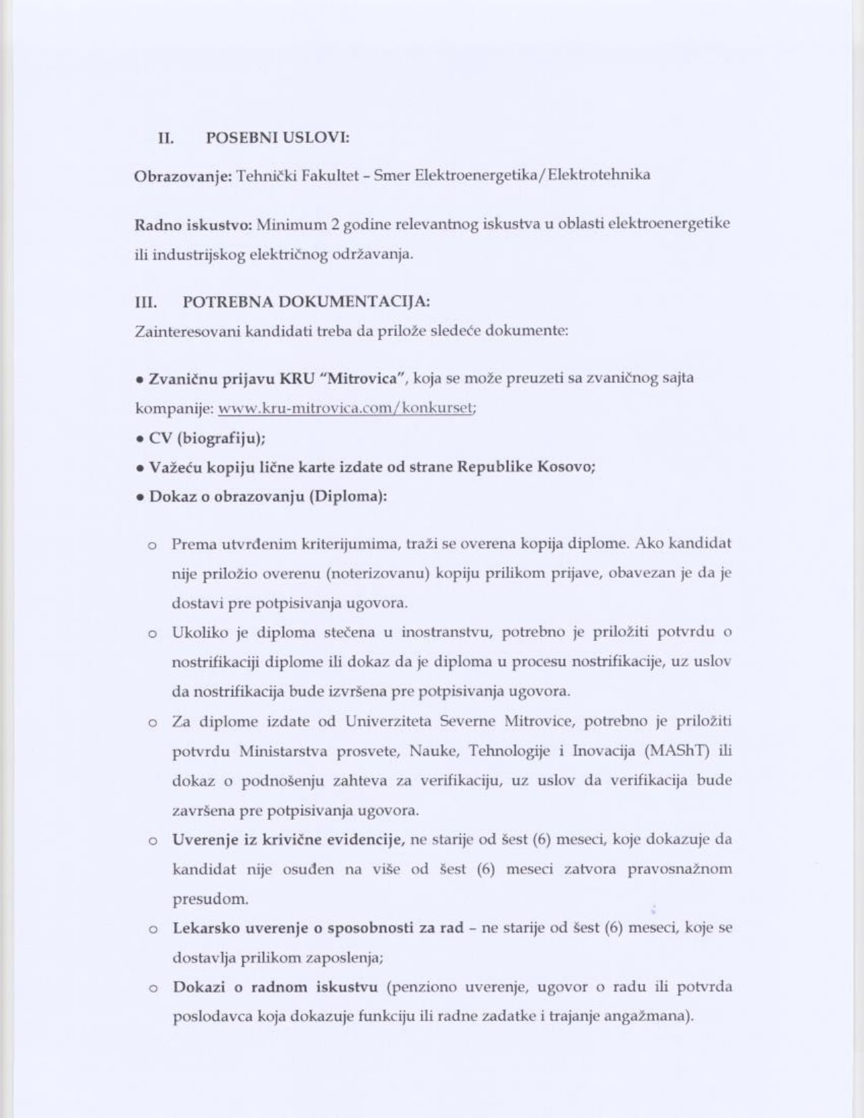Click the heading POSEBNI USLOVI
pos(277,138)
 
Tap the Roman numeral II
pos(165,138)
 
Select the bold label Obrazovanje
pos(183,176)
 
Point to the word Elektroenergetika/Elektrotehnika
pos(532,175)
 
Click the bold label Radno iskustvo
pos(193,225)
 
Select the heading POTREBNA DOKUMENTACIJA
pos(306,302)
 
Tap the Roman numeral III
pos(146,302)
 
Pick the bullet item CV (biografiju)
pos(207,438)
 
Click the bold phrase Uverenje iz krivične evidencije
pos(288,840)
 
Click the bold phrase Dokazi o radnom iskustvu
pos(275,987)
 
